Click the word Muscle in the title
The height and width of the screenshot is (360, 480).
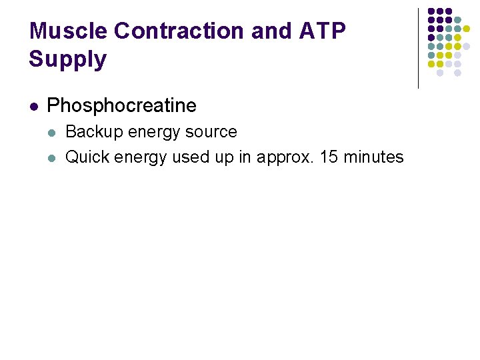[69, 31]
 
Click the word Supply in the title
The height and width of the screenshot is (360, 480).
[67, 59]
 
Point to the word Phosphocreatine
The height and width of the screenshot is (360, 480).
[122, 105]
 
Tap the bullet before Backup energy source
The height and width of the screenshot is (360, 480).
[53, 132]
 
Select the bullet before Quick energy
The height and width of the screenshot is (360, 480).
[53, 157]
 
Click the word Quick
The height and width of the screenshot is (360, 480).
[87, 157]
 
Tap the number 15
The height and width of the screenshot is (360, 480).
[329, 157]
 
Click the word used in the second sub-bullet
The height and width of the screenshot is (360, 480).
[189, 157]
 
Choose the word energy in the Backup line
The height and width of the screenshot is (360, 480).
[152, 133]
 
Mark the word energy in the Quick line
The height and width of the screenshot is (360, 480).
[141, 158]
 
